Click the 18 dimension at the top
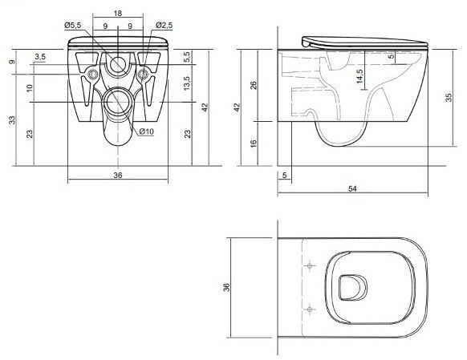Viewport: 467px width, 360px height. [118, 14]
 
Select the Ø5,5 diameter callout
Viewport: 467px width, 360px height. [73, 26]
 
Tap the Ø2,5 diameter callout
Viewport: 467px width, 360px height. [164, 26]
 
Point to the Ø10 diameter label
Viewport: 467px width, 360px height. [146, 131]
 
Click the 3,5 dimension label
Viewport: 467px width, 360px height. [40, 57]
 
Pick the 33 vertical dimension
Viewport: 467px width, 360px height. [12, 120]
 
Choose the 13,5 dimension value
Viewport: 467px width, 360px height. [187, 83]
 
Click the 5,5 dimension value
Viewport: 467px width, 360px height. [187, 57]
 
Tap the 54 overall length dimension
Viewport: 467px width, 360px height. [352, 188]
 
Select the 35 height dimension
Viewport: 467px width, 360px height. [449, 98]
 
